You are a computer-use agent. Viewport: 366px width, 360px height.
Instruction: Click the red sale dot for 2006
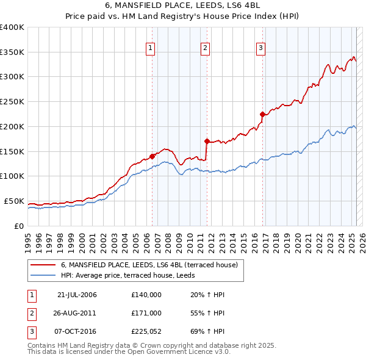point(152,156)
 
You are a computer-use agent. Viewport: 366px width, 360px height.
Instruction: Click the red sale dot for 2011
point(207,141)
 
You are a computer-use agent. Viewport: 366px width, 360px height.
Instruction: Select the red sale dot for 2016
point(262,114)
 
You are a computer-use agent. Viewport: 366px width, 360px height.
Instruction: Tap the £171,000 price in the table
point(146,312)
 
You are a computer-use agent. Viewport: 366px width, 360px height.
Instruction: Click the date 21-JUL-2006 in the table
point(76,295)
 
